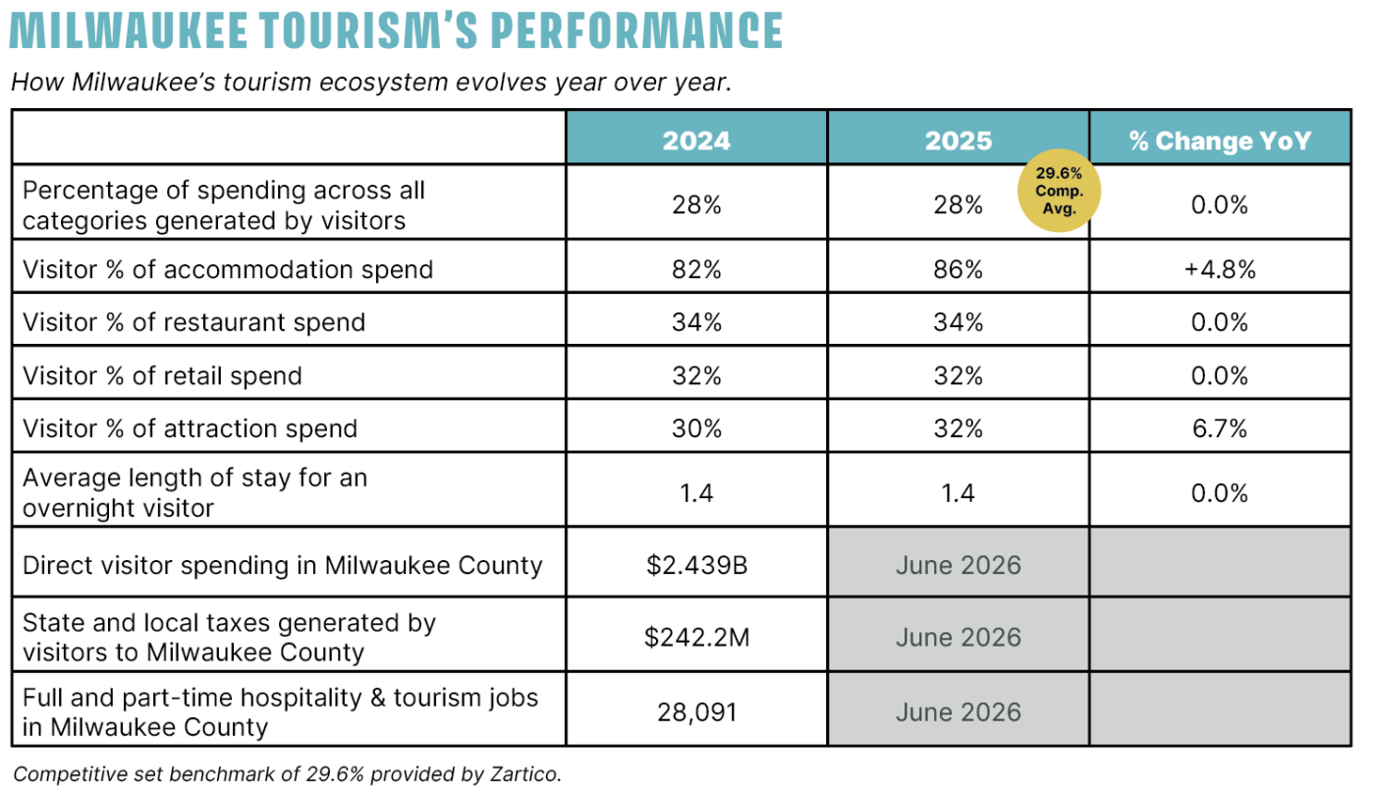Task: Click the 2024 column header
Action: pos(696,141)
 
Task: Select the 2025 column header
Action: pos(959,141)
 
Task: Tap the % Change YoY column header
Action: pos(1220,141)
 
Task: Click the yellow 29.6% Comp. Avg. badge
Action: pos(1059,192)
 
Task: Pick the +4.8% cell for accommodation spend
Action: pos(1220,269)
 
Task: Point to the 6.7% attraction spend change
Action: pos(1220,428)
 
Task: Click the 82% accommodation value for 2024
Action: pos(696,269)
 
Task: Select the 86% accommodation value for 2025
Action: pos(959,269)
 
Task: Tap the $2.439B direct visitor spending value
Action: pos(696,565)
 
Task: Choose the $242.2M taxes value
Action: pos(696,638)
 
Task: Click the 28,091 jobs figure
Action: pos(696,712)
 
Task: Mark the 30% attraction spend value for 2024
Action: pos(696,428)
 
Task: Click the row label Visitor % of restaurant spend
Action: pos(193,322)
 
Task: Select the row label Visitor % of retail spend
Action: pos(162,375)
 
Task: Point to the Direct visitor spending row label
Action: pos(282,565)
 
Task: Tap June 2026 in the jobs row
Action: pos(959,712)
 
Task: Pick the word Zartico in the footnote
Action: pos(521,774)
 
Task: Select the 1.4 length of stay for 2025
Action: pos(959,492)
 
